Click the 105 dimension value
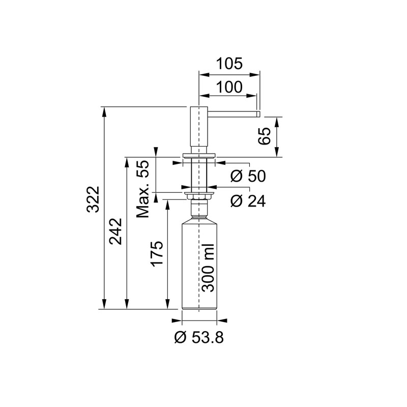tap(229, 64)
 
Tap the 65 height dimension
tap(263, 137)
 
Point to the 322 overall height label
tap(93, 208)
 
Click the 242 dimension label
tap(115, 231)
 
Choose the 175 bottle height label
tap(157, 253)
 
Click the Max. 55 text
tap(144, 189)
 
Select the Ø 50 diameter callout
tap(247, 177)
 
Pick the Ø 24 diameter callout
tap(247, 201)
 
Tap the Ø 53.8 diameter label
tap(199, 337)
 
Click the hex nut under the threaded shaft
tap(199, 196)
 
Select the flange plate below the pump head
tap(199, 154)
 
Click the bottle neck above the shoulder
tap(199, 209)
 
